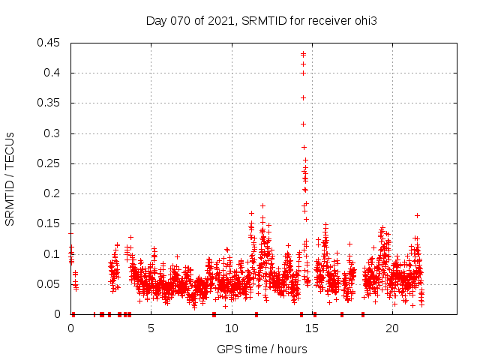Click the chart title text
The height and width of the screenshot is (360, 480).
[x=261, y=20]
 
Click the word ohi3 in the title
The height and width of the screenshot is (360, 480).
[x=365, y=20]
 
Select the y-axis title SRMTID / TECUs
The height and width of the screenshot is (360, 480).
[x=10, y=178]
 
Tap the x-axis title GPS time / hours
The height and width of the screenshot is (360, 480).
[x=262, y=349]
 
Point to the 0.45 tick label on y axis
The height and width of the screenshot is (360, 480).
[x=49, y=43]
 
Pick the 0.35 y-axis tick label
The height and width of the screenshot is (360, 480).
[x=49, y=103]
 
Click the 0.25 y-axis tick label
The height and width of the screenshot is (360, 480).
[x=49, y=163]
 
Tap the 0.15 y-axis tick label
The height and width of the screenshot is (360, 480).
[x=49, y=223]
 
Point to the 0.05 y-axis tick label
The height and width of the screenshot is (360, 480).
[x=49, y=284]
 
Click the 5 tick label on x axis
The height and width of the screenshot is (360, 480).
[x=151, y=328]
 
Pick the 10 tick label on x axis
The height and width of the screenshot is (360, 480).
[x=232, y=328]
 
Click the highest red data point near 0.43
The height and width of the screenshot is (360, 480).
[x=303, y=54]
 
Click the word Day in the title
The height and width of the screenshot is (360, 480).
[x=155, y=20]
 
